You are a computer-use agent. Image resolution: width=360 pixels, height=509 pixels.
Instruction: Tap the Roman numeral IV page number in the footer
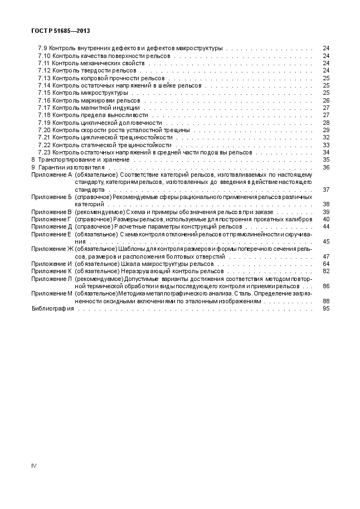[x=33, y=466]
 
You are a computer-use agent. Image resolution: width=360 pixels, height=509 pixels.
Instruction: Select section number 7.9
[x=42, y=49]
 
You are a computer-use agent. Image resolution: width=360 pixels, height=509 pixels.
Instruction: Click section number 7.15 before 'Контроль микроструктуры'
[x=44, y=93]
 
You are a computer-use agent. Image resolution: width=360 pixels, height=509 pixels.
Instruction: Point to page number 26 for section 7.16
[x=326, y=100]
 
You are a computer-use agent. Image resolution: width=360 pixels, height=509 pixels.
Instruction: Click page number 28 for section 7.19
[x=326, y=123]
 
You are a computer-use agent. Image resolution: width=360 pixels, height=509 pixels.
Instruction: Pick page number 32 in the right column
[x=326, y=137]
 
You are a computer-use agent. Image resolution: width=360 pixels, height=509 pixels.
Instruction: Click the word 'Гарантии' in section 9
[x=51, y=167]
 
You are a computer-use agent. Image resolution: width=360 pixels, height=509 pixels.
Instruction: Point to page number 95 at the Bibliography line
[x=326, y=308]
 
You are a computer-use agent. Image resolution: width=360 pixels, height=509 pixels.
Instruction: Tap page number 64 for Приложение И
[x=326, y=264]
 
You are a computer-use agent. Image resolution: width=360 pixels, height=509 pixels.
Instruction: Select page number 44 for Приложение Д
[x=326, y=226]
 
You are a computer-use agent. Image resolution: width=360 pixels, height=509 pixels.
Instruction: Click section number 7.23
[x=44, y=152]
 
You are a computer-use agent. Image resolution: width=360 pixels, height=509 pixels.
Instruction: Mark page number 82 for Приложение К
[x=326, y=271]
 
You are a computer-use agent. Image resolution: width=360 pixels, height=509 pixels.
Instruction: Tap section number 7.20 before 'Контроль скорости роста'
[x=44, y=130]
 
